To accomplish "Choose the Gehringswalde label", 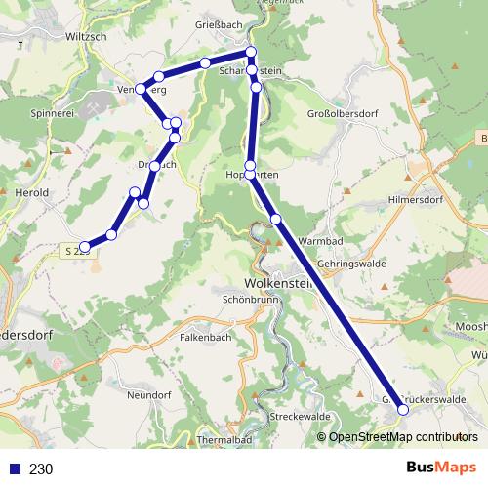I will [x=350, y=264].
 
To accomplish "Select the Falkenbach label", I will [x=206, y=336].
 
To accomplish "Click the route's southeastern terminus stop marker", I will [x=403, y=411].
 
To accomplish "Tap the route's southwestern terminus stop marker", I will [x=86, y=247].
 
